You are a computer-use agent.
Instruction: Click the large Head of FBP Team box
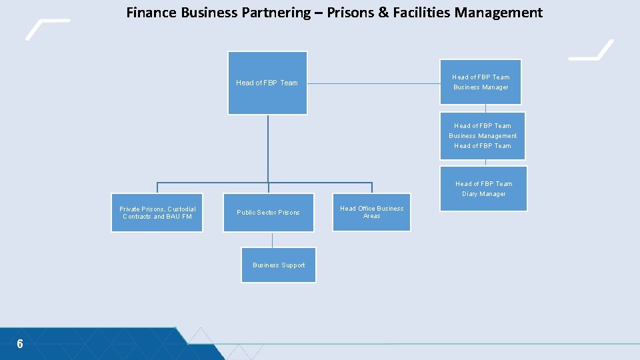[x=267, y=83]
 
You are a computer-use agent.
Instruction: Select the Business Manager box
[x=481, y=82]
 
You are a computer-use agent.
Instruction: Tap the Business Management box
[x=483, y=136]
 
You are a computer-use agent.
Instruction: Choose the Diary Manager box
[x=483, y=189]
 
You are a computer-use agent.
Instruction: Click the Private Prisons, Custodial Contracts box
[x=157, y=213]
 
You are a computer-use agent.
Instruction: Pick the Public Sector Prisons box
[x=268, y=213]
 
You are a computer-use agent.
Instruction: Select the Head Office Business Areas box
[x=371, y=212]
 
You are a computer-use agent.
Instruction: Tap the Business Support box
[x=279, y=265]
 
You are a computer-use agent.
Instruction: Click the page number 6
[x=20, y=344]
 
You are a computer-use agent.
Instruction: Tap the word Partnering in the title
[x=277, y=12]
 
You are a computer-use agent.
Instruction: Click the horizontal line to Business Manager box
[x=373, y=84]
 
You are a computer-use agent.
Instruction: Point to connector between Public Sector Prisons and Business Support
[x=272, y=240]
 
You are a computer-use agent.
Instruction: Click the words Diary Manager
[x=484, y=194]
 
